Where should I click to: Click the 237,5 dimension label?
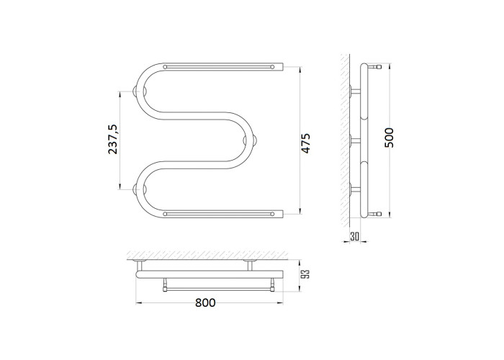(113, 139)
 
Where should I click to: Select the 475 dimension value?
(305, 143)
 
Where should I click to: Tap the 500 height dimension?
(389, 138)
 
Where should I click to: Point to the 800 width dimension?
(205, 302)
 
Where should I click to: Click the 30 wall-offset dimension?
(354, 237)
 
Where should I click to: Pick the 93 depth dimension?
(306, 274)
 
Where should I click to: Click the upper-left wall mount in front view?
(140, 91)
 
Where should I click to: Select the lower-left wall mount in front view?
(140, 189)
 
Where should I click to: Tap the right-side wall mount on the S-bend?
(250, 140)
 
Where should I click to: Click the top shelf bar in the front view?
(219, 67)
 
